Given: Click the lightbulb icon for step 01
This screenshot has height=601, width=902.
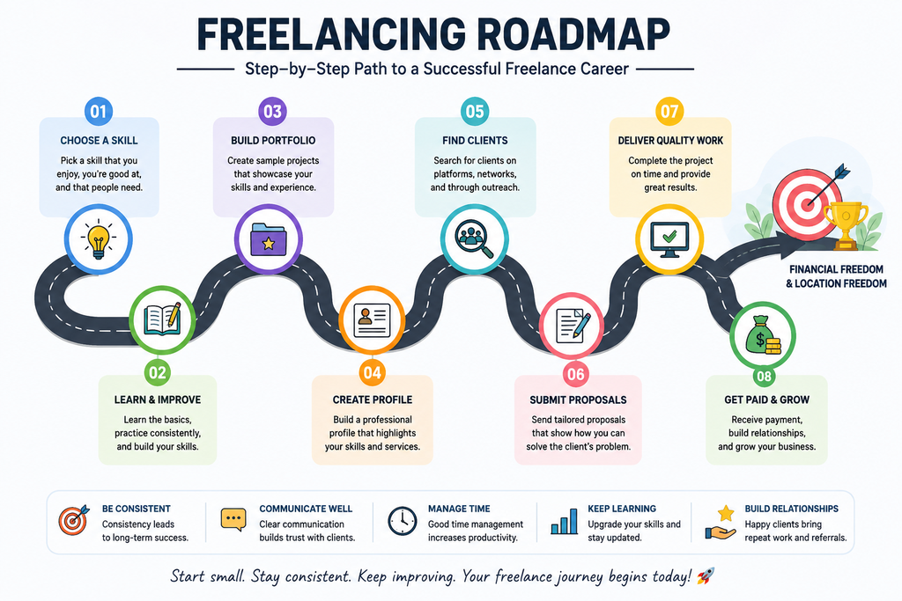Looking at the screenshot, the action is tap(99, 239).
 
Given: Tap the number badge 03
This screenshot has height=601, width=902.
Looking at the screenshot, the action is tap(273, 111).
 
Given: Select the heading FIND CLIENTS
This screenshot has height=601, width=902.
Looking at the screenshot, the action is tap(475, 140).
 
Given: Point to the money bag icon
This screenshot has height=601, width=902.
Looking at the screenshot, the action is tap(763, 335).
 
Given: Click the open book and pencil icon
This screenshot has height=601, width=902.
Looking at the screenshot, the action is tap(162, 319).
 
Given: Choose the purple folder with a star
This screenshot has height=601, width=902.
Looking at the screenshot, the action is tap(268, 239).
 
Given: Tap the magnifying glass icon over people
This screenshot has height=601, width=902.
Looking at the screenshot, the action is tap(474, 239).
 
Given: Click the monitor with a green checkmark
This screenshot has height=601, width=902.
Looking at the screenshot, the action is tap(669, 239).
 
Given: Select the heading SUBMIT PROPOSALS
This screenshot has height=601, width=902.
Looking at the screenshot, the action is tap(578, 399).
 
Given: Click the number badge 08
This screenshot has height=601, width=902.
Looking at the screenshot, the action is tap(764, 377).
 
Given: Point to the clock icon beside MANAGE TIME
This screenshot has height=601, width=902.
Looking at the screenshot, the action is tap(402, 522).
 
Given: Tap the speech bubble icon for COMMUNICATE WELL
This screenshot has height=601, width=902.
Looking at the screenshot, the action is tap(233, 519).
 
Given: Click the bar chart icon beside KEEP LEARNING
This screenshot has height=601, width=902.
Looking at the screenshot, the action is tap(564, 521).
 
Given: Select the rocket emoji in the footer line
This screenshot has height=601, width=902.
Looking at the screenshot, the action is tap(706, 575).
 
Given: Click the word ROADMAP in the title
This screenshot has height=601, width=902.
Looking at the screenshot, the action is tap(573, 34).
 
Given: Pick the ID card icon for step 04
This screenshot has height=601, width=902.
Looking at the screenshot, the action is tap(372, 319).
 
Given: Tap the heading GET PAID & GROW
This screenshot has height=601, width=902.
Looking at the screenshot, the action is tap(767, 399).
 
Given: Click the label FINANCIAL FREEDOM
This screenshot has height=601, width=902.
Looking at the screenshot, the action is tap(836, 269).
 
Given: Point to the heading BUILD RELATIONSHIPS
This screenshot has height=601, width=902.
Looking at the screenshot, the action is tap(792, 509).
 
